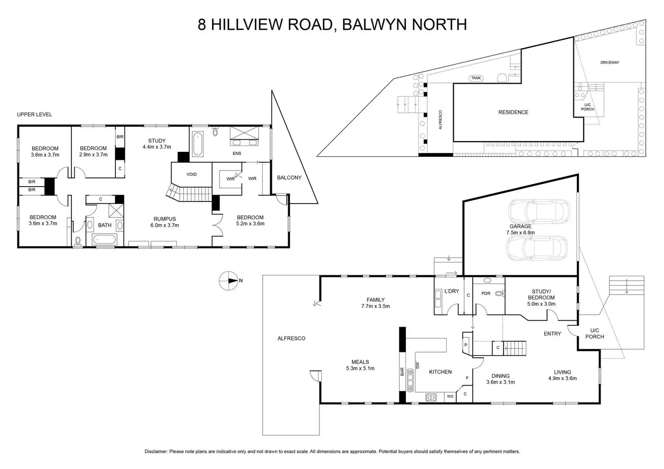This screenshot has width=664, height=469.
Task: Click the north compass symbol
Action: click(229, 280)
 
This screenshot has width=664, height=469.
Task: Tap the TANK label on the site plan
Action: click(476, 78)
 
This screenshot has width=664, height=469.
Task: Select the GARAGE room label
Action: click(520, 227)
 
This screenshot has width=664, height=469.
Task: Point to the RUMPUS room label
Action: click(164, 219)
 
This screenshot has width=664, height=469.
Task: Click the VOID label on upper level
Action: click(192, 174)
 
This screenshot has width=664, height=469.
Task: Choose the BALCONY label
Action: click(289, 178)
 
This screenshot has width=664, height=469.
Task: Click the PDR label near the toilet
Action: click(486, 293)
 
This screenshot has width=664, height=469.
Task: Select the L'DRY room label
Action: click(452, 291)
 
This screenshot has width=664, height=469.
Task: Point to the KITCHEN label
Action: click(440, 372)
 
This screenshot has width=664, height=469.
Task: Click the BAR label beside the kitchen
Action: click(402, 372)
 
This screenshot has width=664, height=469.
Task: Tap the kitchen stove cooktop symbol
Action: click(431, 397)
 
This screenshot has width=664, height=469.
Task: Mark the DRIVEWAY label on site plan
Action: click(609, 63)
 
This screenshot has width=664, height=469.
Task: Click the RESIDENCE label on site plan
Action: click(513, 112)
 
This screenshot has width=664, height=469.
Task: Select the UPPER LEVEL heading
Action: click(35, 114)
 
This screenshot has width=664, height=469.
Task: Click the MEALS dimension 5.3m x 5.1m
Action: click(360, 368)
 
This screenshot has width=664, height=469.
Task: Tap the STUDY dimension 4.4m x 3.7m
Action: click(157, 147)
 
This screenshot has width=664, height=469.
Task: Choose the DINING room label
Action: click(500, 376)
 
